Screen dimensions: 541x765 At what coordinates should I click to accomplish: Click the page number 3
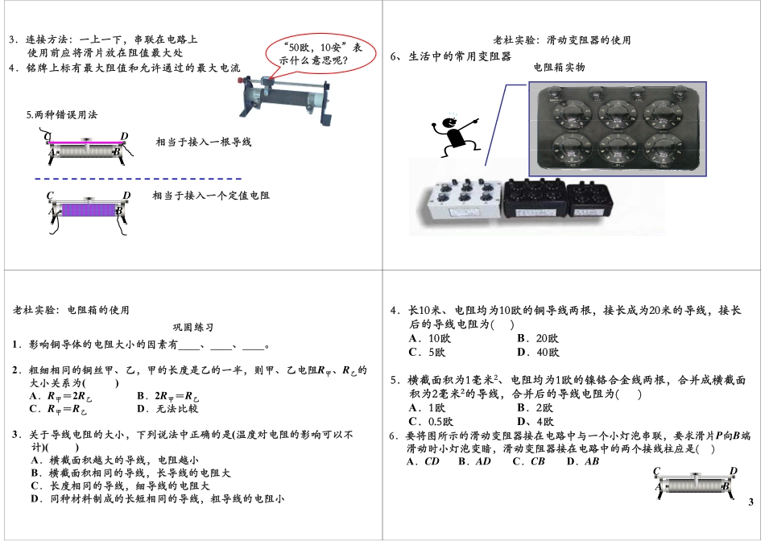[751, 503]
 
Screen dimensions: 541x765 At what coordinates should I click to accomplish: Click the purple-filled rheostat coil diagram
[85, 211]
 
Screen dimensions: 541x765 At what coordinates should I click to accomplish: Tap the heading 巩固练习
[193, 328]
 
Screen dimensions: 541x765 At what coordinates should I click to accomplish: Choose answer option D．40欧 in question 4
[537, 353]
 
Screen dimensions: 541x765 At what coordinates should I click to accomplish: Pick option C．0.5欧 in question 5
[432, 422]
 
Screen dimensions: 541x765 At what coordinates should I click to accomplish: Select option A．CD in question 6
[423, 462]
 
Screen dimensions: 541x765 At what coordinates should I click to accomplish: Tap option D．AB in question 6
[583, 462]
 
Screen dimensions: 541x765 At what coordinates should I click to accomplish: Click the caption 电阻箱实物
[559, 68]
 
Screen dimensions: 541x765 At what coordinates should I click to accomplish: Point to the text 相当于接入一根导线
[204, 142]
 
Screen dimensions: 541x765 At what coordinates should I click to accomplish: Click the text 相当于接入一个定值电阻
[211, 196]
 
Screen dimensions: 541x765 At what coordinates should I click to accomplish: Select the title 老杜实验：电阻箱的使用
[72, 310]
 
